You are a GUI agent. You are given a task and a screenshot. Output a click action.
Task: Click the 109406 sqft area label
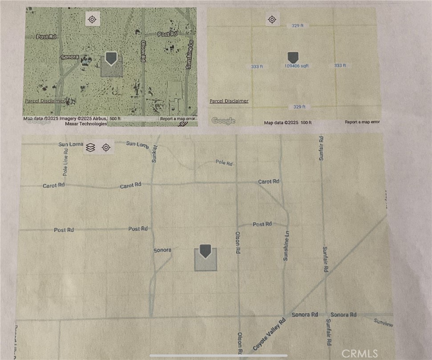point(296,66)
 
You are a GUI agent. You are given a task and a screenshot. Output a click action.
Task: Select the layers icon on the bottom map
point(90,148)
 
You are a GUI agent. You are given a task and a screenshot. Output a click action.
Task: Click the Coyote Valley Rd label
point(269,334)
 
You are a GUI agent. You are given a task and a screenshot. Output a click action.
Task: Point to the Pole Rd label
point(224,163)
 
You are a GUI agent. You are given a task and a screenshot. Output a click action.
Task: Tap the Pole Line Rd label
point(66,161)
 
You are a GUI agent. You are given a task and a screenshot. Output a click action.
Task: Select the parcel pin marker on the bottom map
point(205,251)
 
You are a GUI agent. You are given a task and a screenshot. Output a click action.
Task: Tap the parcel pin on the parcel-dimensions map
point(293,57)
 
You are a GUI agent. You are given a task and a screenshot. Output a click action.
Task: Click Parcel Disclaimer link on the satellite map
point(44,101)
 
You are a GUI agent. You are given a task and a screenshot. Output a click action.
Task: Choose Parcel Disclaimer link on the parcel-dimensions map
point(229,101)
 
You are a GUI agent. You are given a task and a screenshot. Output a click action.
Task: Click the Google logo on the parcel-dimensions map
point(223,121)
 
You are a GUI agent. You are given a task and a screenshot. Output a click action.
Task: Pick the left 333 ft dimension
point(257,66)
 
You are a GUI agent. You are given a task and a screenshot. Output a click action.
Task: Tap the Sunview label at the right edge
point(384,323)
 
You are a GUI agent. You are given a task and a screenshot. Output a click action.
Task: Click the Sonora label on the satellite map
point(69,57)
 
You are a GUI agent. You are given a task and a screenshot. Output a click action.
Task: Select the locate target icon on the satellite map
point(93,19)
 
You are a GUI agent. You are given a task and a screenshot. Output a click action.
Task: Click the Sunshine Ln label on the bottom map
point(287,246)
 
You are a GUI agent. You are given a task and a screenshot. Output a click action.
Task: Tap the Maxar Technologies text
point(86,124)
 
